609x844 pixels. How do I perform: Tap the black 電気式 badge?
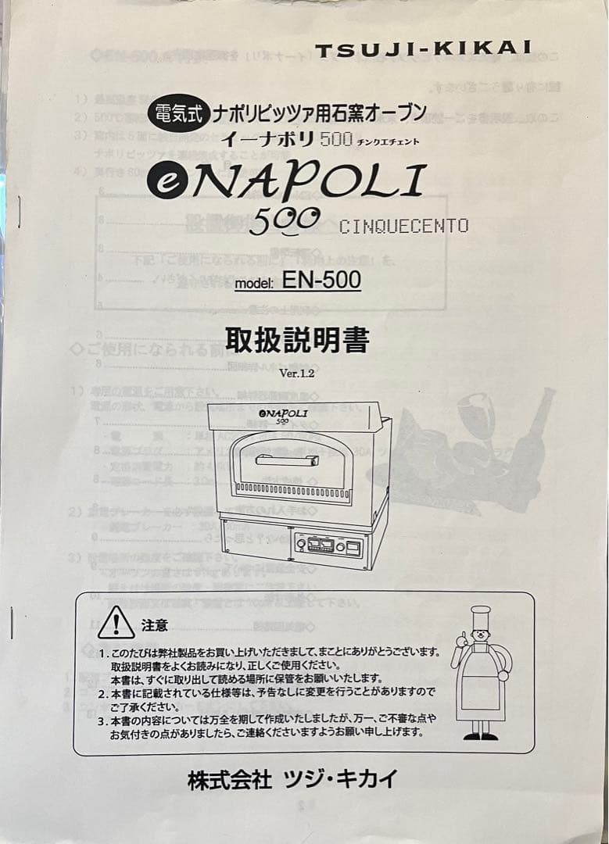[177, 115]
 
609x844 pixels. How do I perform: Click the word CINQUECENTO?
[403, 226]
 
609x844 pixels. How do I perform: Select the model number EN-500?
[321, 281]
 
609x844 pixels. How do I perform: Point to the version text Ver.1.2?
[296, 374]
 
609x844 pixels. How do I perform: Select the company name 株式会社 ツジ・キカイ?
[292, 779]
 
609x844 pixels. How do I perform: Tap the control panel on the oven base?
[328, 545]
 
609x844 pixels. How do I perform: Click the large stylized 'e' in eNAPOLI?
[166, 184]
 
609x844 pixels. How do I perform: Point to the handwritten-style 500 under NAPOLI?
[284, 221]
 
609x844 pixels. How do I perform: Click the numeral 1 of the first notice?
[102, 653]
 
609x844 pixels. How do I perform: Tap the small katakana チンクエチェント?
[389, 141]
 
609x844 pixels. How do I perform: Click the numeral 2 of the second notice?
[102, 693]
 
